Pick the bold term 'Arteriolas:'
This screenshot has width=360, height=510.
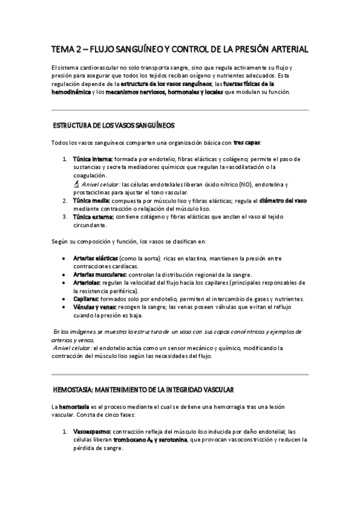88,282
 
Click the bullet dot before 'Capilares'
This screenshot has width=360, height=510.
64,300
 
